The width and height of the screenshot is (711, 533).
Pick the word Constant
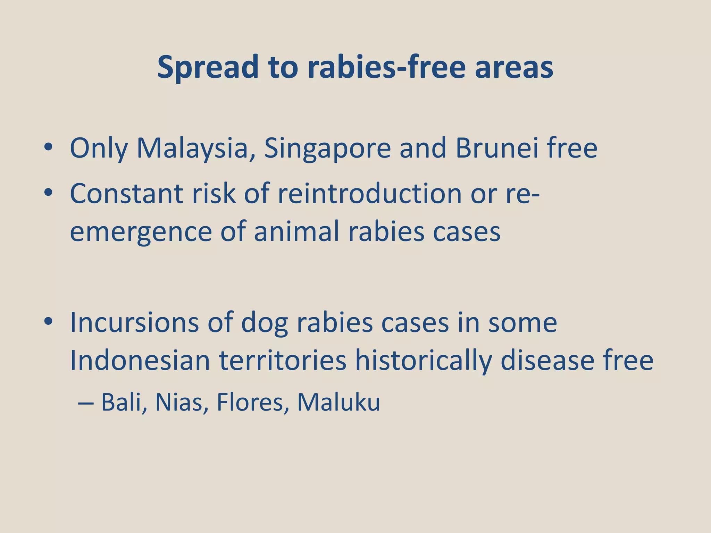pyautogui.click(x=126, y=193)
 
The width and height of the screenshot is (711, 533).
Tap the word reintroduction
pyautogui.click(x=369, y=193)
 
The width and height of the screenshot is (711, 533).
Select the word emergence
pyautogui.click(x=141, y=232)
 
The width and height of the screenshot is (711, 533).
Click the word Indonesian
pyautogui.click(x=140, y=361)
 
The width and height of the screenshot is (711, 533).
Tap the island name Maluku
pyautogui.click(x=338, y=403)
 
